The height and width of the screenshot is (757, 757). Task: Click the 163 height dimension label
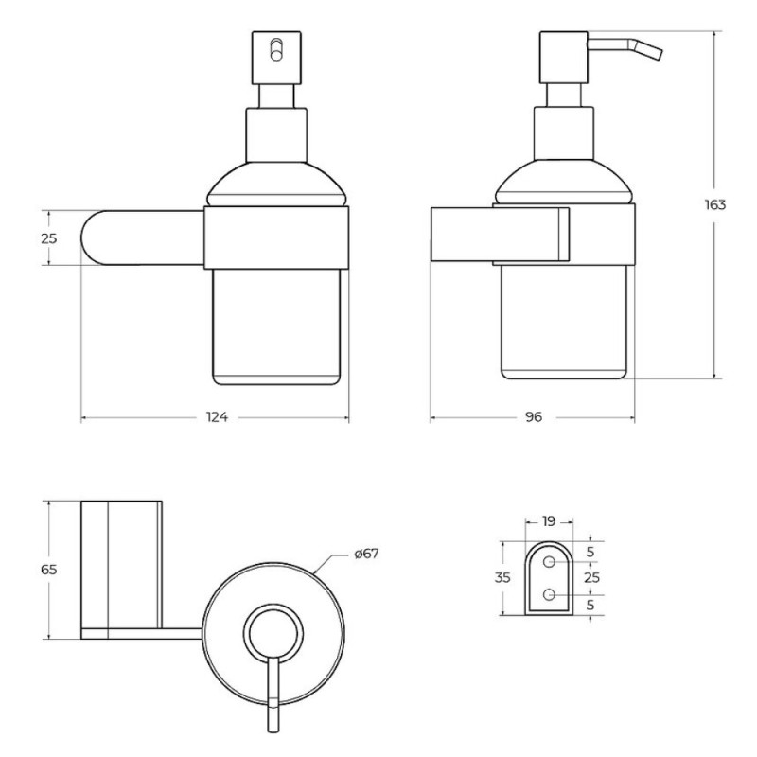(x=715, y=204)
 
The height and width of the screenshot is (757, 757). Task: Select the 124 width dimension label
(x=217, y=416)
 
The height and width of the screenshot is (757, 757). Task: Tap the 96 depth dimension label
(x=534, y=416)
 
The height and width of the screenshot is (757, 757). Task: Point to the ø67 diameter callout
(x=366, y=554)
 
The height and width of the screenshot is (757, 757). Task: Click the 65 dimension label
(x=49, y=570)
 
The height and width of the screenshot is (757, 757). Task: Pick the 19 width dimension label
(x=549, y=521)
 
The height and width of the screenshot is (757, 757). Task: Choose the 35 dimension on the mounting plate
(x=502, y=577)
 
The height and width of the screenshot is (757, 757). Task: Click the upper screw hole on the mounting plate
(x=549, y=562)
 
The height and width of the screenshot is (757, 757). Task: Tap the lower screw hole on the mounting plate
(x=549, y=594)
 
